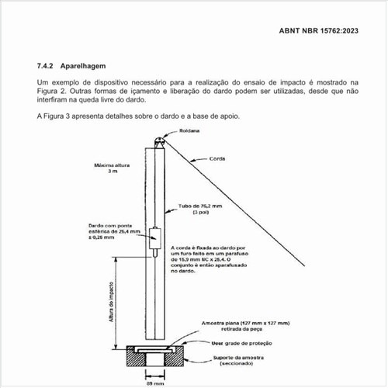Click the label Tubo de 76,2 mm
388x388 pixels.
point(200,206)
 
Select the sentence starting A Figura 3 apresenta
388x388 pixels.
point(138,116)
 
